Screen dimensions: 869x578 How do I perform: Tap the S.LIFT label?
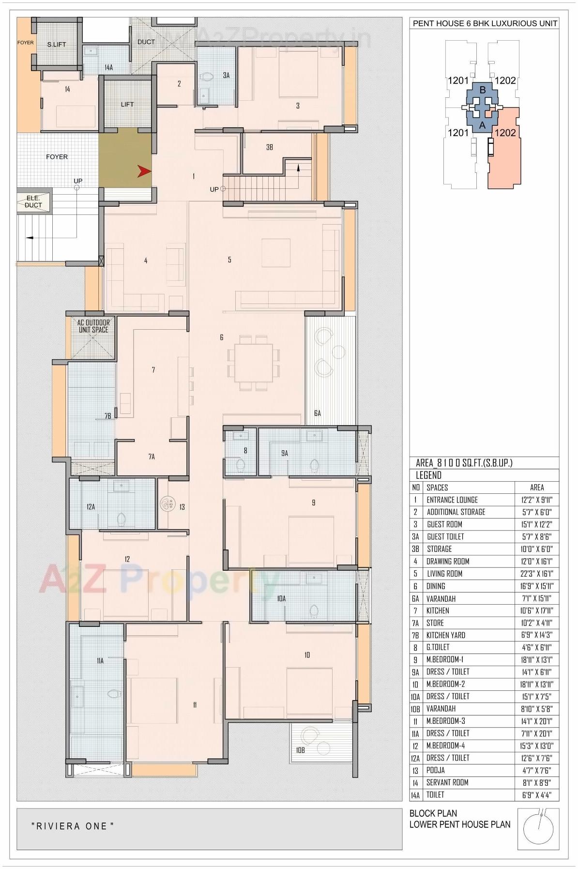(56, 45)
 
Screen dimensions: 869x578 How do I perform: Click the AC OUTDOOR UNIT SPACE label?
(93, 326)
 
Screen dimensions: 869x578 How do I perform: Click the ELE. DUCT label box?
(33, 201)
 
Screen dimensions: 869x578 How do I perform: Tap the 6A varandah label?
(318, 413)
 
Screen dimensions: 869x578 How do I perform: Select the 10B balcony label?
(300, 750)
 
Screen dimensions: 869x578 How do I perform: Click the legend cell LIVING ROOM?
(444, 574)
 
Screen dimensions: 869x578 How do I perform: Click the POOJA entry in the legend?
(436, 770)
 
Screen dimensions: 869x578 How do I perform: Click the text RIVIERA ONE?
(73, 826)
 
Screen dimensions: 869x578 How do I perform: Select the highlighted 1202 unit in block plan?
(505, 148)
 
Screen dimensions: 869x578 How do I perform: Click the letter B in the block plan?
(482, 90)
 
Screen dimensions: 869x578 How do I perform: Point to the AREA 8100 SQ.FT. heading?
(464, 463)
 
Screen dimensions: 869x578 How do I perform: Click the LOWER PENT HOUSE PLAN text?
(460, 824)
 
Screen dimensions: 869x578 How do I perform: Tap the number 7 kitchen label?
(153, 370)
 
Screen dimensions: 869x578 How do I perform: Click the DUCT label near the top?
(146, 42)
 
